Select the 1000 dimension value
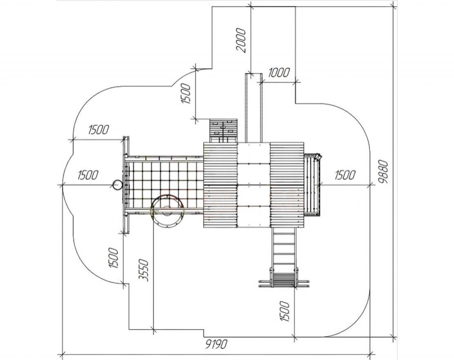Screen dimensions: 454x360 pyautogui.click(x=278, y=72)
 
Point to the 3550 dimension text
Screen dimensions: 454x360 pyautogui.click(x=144, y=270)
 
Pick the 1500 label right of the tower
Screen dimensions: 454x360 pyautogui.click(x=345, y=175)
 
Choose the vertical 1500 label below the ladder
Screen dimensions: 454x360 pyautogui.click(x=284, y=311)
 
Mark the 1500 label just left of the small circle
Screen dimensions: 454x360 pyautogui.click(x=88, y=175)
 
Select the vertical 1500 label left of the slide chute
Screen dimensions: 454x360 pyautogui.click(x=186, y=94)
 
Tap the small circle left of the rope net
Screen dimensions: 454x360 pyautogui.click(x=117, y=185)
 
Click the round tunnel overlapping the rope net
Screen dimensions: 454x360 pyautogui.click(x=168, y=211)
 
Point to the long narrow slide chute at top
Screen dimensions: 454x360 pyautogui.click(x=254, y=108)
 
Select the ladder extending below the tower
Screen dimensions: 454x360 pyautogui.click(x=284, y=249)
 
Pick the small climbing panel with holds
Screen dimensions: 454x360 pyautogui.click(x=224, y=131)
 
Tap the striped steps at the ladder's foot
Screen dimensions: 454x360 pyautogui.click(x=284, y=279)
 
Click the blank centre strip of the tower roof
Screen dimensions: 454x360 pyautogui.click(x=254, y=185)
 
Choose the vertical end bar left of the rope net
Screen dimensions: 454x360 pyautogui.click(x=126, y=184)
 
